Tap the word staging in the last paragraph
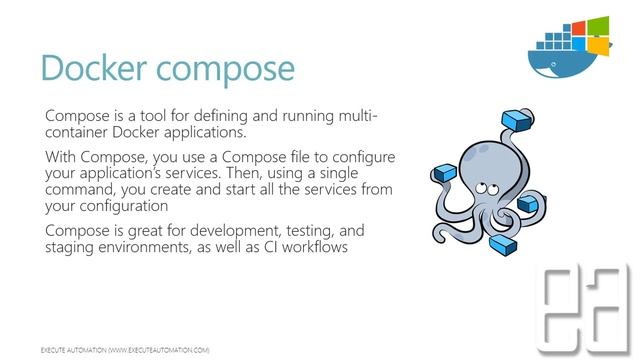coord(72,247)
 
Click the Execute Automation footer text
coord(124,351)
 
